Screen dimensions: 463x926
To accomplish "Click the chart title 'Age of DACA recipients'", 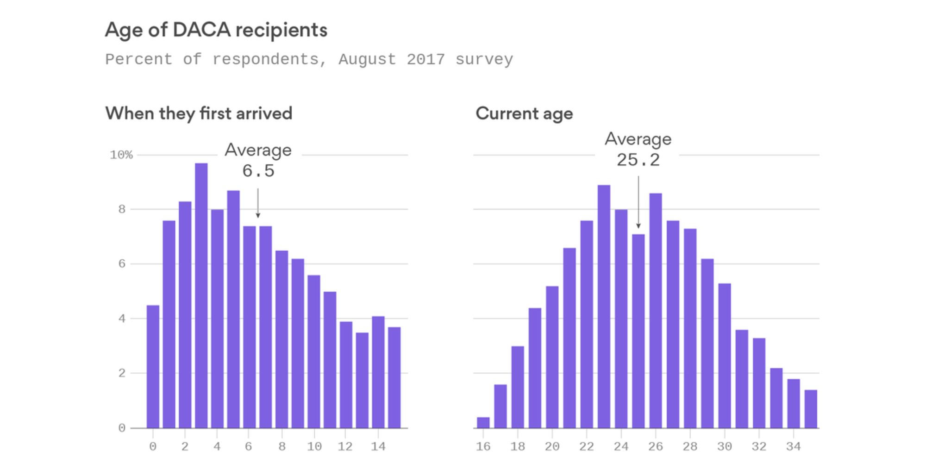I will [216, 30].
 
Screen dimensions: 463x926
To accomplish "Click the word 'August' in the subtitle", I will [367, 60].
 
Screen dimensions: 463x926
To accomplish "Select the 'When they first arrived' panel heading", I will [199, 113].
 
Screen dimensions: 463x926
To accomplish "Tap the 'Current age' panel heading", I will [524, 113].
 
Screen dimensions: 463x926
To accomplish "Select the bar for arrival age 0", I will [153, 366].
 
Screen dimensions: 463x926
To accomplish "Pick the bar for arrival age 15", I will [394, 377].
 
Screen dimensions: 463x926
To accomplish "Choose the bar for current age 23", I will [604, 306].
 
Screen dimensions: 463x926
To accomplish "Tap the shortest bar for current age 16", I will [483, 422].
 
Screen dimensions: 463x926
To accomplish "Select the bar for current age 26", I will [656, 310].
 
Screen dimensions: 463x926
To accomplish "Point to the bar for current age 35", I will [811, 409].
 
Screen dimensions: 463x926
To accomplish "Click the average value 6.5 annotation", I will [258, 171].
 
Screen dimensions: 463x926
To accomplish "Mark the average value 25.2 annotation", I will [638, 160].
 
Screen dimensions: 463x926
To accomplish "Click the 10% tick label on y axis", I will [121, 155].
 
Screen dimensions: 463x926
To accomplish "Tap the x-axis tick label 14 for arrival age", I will [378, 446].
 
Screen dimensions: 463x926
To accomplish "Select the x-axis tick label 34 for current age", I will [793, 446].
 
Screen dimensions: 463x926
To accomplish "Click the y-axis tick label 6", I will [122, 264].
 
